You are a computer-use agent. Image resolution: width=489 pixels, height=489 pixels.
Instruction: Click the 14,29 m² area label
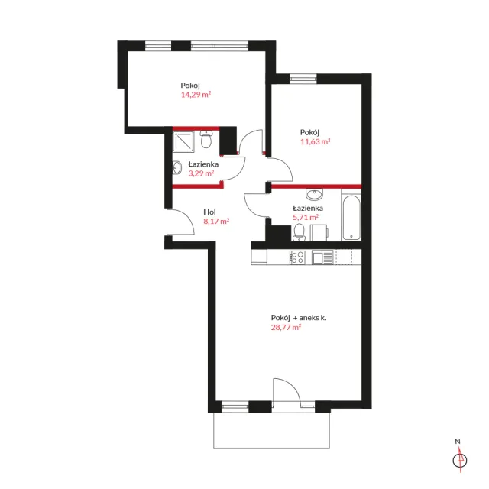196,95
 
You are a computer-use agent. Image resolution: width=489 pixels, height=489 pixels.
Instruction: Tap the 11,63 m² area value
315,141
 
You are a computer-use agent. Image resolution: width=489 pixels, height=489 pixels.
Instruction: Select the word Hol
209,212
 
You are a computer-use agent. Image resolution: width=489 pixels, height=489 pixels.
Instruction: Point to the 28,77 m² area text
286,327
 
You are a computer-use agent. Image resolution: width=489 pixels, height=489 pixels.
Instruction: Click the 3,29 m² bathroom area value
201,173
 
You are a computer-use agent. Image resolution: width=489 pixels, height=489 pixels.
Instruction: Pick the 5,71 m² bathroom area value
306,217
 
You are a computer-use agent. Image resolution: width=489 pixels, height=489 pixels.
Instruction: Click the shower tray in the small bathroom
183,141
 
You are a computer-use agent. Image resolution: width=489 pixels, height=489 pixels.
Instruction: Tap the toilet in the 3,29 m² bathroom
206,139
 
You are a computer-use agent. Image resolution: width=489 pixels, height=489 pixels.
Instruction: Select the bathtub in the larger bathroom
351,217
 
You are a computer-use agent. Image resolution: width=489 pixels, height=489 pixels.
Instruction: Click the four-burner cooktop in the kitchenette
297,257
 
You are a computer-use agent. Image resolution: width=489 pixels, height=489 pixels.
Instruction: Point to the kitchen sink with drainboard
322,257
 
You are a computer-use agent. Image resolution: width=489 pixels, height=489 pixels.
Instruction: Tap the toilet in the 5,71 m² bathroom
299,232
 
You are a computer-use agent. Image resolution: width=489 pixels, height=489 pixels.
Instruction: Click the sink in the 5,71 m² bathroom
314,194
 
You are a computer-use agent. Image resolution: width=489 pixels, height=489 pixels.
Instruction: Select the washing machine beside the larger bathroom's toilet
319,232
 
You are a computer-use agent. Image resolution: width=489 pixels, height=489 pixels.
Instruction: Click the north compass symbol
460,460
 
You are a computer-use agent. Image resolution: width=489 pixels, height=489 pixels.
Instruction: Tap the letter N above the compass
458,442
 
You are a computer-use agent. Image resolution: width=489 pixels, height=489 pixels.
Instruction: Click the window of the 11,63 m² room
303,78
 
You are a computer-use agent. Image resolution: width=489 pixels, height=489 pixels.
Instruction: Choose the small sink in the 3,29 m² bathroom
177,168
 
